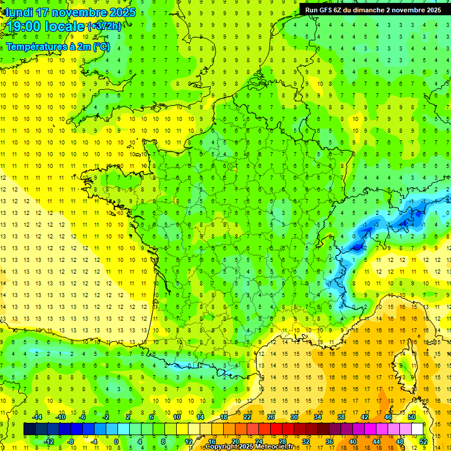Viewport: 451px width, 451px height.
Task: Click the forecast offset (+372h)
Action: tap(105, 26)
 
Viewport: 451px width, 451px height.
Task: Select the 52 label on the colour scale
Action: tap(423, 442)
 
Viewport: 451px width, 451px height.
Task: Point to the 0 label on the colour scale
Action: tap(116, 442)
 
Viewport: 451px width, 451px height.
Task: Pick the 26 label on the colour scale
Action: tap(271, 417)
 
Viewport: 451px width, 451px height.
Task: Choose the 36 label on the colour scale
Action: tap(329, 442)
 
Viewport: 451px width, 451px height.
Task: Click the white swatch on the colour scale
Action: tap(417, 429)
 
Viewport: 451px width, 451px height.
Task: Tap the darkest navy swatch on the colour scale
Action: tap(29, 429)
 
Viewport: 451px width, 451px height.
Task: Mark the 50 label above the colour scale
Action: tap(412, 417)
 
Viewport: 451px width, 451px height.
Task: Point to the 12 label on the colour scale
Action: tap(188, 442)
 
